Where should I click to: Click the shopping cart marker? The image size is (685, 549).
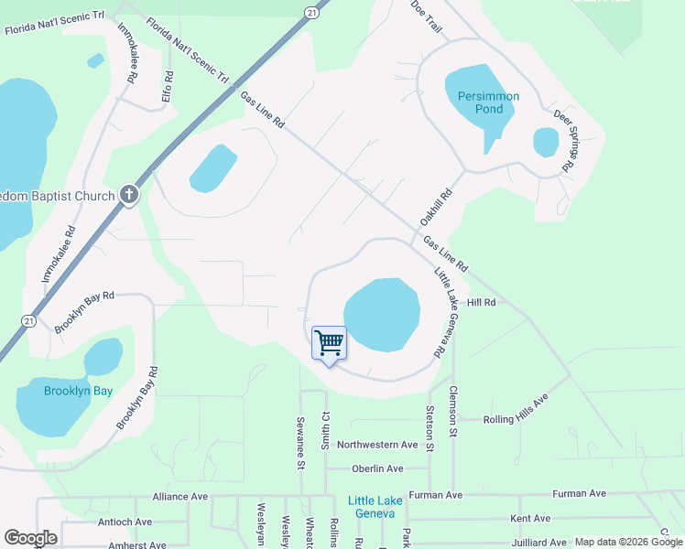tap(330, 344)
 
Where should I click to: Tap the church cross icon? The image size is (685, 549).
tap(129, 195)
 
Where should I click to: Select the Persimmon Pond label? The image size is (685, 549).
tap(483, 102)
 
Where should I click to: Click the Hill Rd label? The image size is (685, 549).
tap(481, 302)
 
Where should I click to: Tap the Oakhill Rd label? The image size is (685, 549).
tap(437, 208)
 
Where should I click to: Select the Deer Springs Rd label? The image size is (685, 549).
tap(563, 142)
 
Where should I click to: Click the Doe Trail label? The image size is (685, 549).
tap(427, 17)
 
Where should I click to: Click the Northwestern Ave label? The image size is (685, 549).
tap(377, 445)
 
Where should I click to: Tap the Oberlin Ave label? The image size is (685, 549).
tap(377, 468)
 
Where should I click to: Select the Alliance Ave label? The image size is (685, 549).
tap(180, 496)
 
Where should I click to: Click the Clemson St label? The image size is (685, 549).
tap(452, 404)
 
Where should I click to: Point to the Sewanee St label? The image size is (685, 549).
tap(299, 443)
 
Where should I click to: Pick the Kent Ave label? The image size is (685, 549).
tap(530, 519)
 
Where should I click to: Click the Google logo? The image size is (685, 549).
tap(30, 538)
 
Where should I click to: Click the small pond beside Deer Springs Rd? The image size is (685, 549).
tap(546, 141)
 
